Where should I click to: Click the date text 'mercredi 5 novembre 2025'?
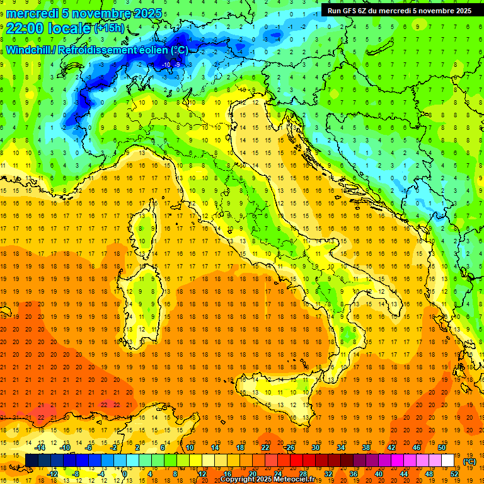coord(84,13)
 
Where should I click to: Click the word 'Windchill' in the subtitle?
coord(28,50)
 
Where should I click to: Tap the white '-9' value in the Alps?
coord(178,64)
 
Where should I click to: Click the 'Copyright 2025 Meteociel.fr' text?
coord(267,480)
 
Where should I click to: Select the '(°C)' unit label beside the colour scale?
coord(470,461)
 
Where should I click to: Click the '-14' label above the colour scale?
coord(41,448)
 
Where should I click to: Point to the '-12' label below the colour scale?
coord(53,474)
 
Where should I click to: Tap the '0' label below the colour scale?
coord(124,474)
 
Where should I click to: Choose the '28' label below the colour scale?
coord(302,474)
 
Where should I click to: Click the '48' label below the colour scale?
coord(429,474)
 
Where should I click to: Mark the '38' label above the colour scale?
coord(366,448)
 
